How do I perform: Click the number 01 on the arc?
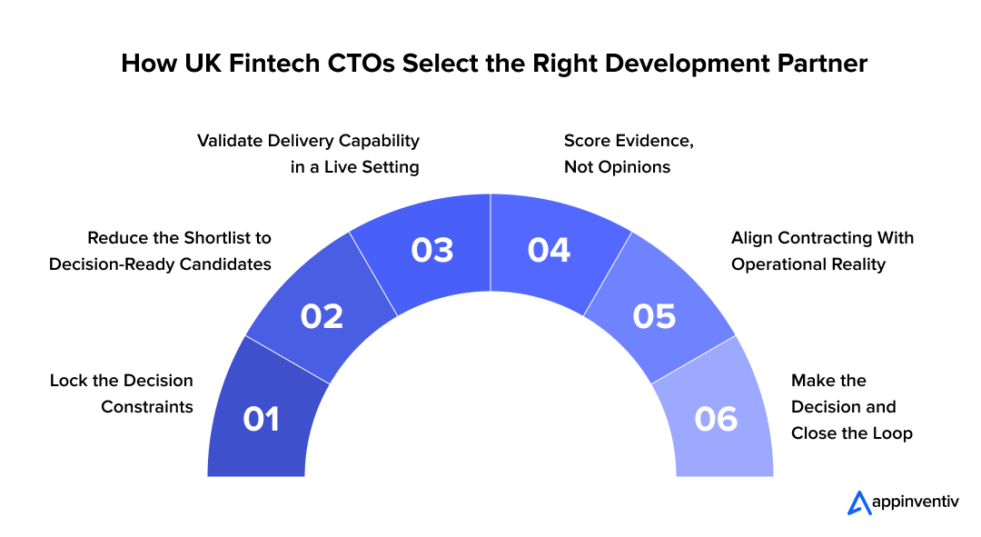(262, 419)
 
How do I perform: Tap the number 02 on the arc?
(322, 316)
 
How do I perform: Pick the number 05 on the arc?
(654, 316)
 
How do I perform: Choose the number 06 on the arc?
(716, 419)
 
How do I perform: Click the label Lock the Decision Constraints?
(122, 393)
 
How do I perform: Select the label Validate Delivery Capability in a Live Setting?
(309, 154)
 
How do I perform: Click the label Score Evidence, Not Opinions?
(629, 154)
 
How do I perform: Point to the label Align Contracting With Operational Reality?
(822, 251)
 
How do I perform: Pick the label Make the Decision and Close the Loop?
(851, 407)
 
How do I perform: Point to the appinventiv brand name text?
(916, 502)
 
